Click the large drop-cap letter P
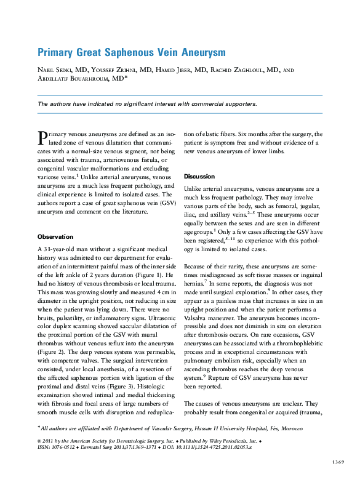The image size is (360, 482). coord(42,137)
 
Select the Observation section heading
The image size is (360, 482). coord(55,236)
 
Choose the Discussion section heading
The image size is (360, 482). coord(199,176)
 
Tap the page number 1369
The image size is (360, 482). coord(337,461)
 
